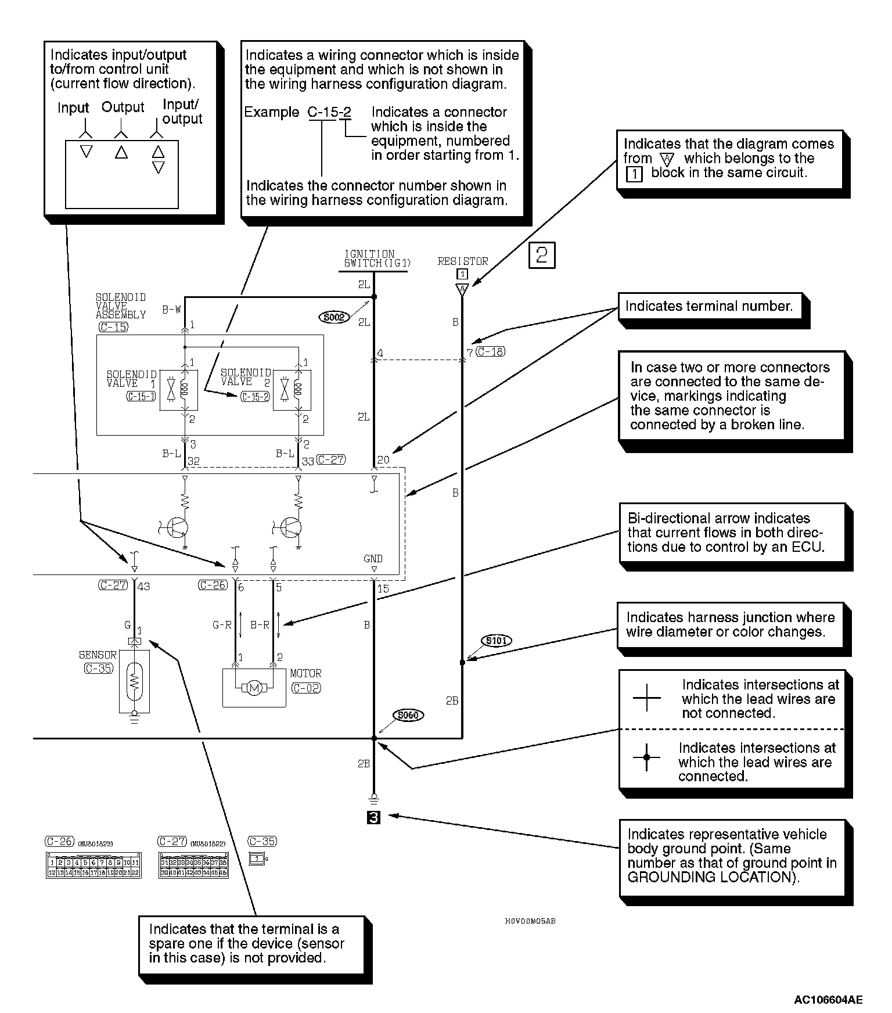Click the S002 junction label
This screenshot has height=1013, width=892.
coord(334,317)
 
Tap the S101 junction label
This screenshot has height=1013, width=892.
coord(496,641)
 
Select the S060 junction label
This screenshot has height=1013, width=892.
coord(408,715)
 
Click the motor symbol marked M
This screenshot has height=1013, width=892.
coord(254,688)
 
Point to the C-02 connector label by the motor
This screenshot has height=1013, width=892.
coord(305,688)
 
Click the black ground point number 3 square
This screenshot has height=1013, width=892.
coord(374,817)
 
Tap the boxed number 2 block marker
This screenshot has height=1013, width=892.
coord(542,256)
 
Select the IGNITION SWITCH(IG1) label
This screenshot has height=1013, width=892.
coord(377,258)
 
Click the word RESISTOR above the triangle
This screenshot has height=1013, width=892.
coord(463,261)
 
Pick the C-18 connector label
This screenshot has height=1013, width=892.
coord(490,351)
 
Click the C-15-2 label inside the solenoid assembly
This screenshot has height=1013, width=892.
coord(254,397)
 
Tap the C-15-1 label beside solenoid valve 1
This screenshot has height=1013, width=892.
coord(141,397)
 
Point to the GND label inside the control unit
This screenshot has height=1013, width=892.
coord(373,559)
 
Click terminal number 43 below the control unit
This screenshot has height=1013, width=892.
coord(143,587)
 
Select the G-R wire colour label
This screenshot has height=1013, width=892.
coord(222,626)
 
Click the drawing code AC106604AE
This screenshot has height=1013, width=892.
coord(828,1000)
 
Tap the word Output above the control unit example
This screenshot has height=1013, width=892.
coord(123,107)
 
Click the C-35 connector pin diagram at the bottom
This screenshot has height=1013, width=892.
coord(257,858)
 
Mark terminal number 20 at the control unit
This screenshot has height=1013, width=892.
coord(383,460)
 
